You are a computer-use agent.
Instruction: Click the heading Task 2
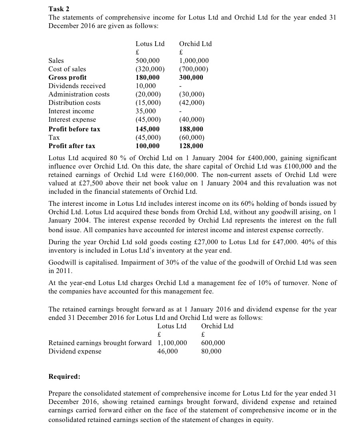58,8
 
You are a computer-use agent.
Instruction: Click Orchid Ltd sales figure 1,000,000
194,60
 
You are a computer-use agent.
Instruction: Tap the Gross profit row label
67,77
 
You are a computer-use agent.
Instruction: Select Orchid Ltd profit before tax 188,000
191,129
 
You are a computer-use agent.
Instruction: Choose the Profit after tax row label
72,146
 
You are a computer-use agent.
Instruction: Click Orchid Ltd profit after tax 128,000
191,146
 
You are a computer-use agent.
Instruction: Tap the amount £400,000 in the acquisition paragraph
244,158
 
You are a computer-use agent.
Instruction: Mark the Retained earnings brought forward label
100,343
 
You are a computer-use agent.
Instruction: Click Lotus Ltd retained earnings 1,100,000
172,343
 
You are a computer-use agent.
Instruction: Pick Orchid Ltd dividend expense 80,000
211,351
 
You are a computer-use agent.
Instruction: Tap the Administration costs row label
79,94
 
